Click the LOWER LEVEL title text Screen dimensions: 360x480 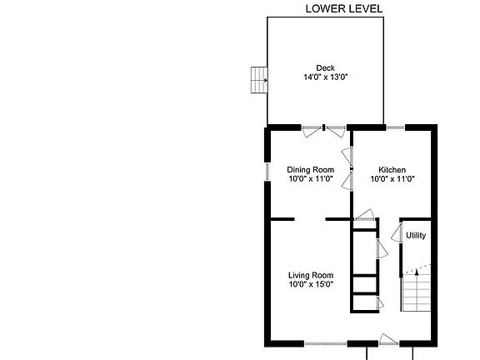(x=344, y=9)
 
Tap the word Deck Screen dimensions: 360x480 (x=325, y=68)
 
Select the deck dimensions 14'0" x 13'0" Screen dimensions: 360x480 (x=325, y=77)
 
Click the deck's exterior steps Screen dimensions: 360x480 (x=258, y=81)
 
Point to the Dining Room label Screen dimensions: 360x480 (x=310, y=169)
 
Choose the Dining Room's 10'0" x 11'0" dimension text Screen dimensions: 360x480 (x=310, y=178)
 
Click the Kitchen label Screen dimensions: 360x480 (x=392, y=169)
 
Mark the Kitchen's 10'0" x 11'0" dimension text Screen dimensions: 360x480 (x=392, y=178)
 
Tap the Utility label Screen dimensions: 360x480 (x=416, y=236)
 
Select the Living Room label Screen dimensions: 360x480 (x=310, y=276)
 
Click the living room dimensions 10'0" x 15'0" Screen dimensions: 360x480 (x=310, y=285)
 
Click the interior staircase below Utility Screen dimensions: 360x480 (x=417, y=292)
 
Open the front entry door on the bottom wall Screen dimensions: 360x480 (x=387, y=339)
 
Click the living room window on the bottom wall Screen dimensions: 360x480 (x=325, y=342)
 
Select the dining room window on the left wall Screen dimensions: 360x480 (x=267, y=171)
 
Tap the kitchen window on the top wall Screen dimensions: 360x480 (x=395, y=127)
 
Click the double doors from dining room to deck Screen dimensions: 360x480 (x=324, y=128)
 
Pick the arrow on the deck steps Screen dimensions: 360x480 (x=264, y=81)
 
